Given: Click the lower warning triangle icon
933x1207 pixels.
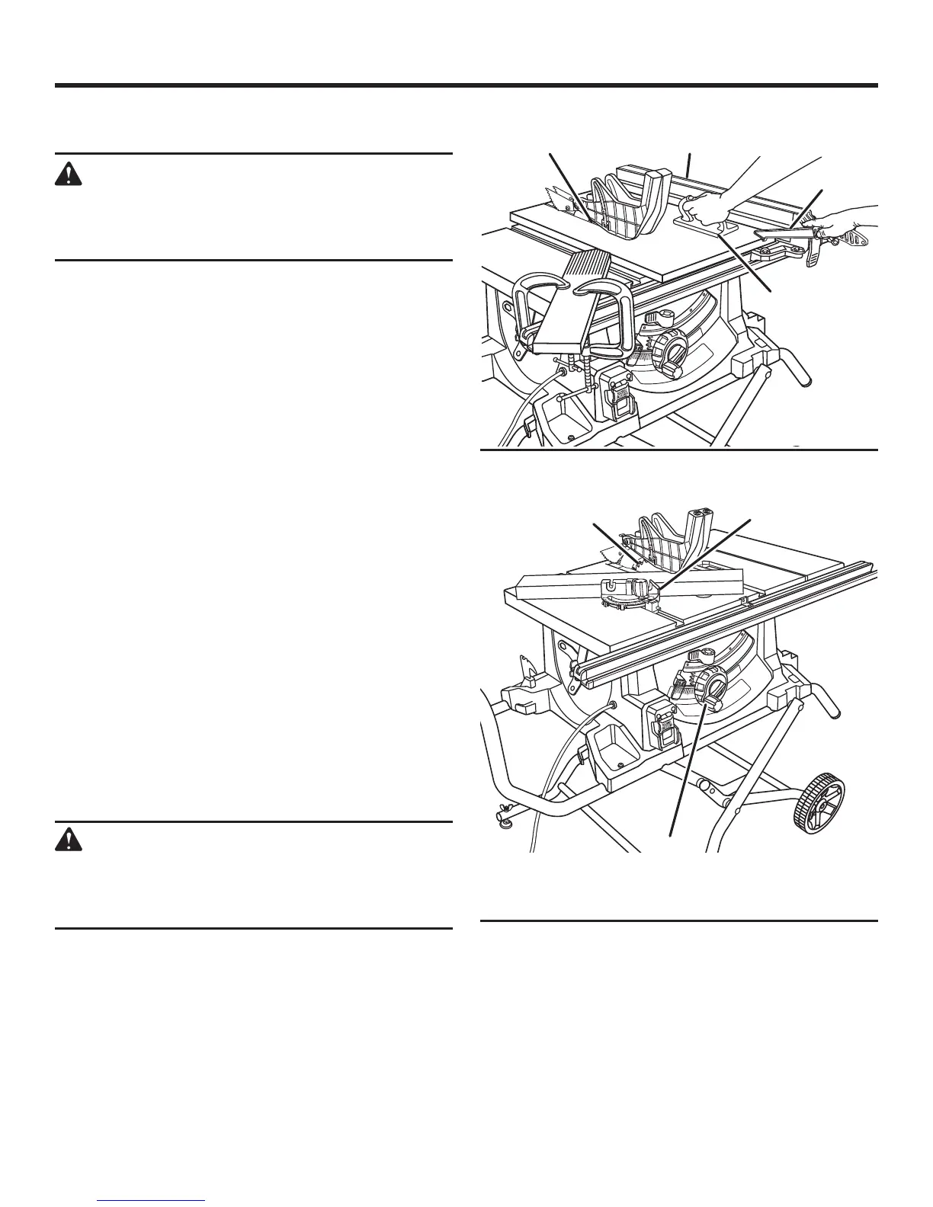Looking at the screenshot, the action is (69, 840).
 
